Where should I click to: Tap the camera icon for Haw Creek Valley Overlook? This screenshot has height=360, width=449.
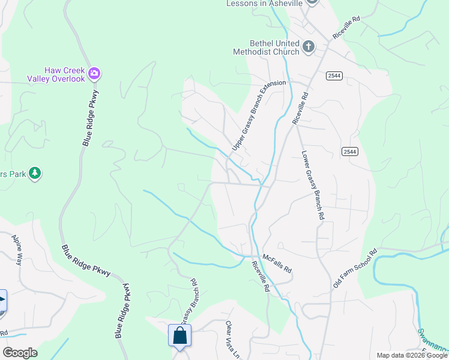[94, 74]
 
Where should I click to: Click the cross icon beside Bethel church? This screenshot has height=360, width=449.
[309, 47]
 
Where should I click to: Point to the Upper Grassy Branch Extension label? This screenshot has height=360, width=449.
[259, 115]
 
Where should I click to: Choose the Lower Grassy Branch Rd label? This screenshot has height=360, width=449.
[313, 184]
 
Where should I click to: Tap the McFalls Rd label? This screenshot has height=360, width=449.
[277, 262]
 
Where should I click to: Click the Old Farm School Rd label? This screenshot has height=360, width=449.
[355, 268]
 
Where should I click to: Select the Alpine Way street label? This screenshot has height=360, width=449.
[17, 250]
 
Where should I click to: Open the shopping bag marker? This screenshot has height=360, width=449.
[179, 335]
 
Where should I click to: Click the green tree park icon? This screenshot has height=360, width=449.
[35, 173]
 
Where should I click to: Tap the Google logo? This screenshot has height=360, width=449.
[19, 353]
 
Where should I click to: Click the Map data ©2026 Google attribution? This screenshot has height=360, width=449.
[411, 355]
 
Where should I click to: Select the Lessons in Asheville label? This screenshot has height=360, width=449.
[264, 4]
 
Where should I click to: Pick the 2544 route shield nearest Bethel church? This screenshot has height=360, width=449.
[335, 76]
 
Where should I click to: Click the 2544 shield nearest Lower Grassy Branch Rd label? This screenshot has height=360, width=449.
[351, 151]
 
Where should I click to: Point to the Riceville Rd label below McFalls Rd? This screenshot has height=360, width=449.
[261, 276]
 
